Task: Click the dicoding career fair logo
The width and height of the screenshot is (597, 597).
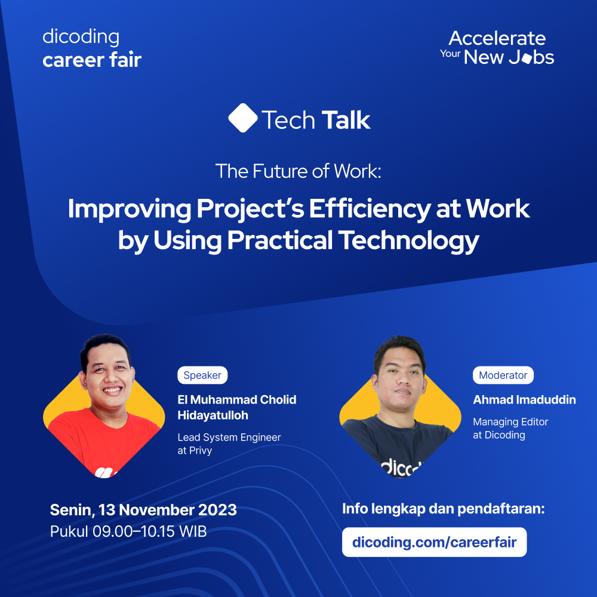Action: [92, 48]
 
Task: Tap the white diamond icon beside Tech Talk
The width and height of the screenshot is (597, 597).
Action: [242, 118]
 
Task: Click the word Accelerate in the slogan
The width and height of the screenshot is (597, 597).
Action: [497, 39]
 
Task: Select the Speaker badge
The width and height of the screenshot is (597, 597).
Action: [202, 376]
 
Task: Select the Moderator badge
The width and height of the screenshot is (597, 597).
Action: [503, 376]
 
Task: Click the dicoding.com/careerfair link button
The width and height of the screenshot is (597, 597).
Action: [434, 542]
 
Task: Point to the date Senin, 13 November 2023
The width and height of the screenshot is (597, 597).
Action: [143, 510]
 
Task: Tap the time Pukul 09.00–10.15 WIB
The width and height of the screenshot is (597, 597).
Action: [128, 531]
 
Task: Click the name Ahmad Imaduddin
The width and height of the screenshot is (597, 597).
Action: [524, 400]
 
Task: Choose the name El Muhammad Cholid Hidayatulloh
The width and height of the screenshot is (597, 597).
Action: [236, 407]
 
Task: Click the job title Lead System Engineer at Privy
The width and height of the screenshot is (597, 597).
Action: [229, 444]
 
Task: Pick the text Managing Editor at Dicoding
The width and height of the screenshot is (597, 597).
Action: [510, 429]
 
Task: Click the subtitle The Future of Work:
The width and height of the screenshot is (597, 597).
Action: [298, 172]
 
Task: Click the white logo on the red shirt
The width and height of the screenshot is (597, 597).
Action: [103, 472]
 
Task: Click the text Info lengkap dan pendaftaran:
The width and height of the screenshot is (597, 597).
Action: [444, 509]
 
